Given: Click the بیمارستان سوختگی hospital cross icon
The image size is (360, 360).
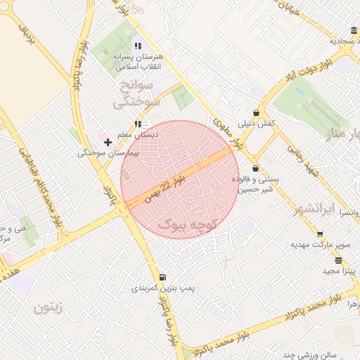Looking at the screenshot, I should (108, 142).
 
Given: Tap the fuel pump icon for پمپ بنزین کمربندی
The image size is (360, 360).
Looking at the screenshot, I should (163, 277).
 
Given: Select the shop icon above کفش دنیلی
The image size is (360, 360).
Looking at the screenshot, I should (256, 112).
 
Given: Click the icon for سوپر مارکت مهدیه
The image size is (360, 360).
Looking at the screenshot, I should (320, 235).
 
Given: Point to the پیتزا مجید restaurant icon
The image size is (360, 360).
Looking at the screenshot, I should (339, 260).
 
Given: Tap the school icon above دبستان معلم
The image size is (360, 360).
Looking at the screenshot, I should (138, 124).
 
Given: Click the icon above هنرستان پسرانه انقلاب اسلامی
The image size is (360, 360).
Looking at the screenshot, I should (138, 46).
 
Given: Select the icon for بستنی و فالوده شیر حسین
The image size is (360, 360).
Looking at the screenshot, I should (255, 169).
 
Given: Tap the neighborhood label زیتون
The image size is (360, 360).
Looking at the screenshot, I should (48, 307).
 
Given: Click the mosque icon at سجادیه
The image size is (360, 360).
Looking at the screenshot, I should (352, 30).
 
